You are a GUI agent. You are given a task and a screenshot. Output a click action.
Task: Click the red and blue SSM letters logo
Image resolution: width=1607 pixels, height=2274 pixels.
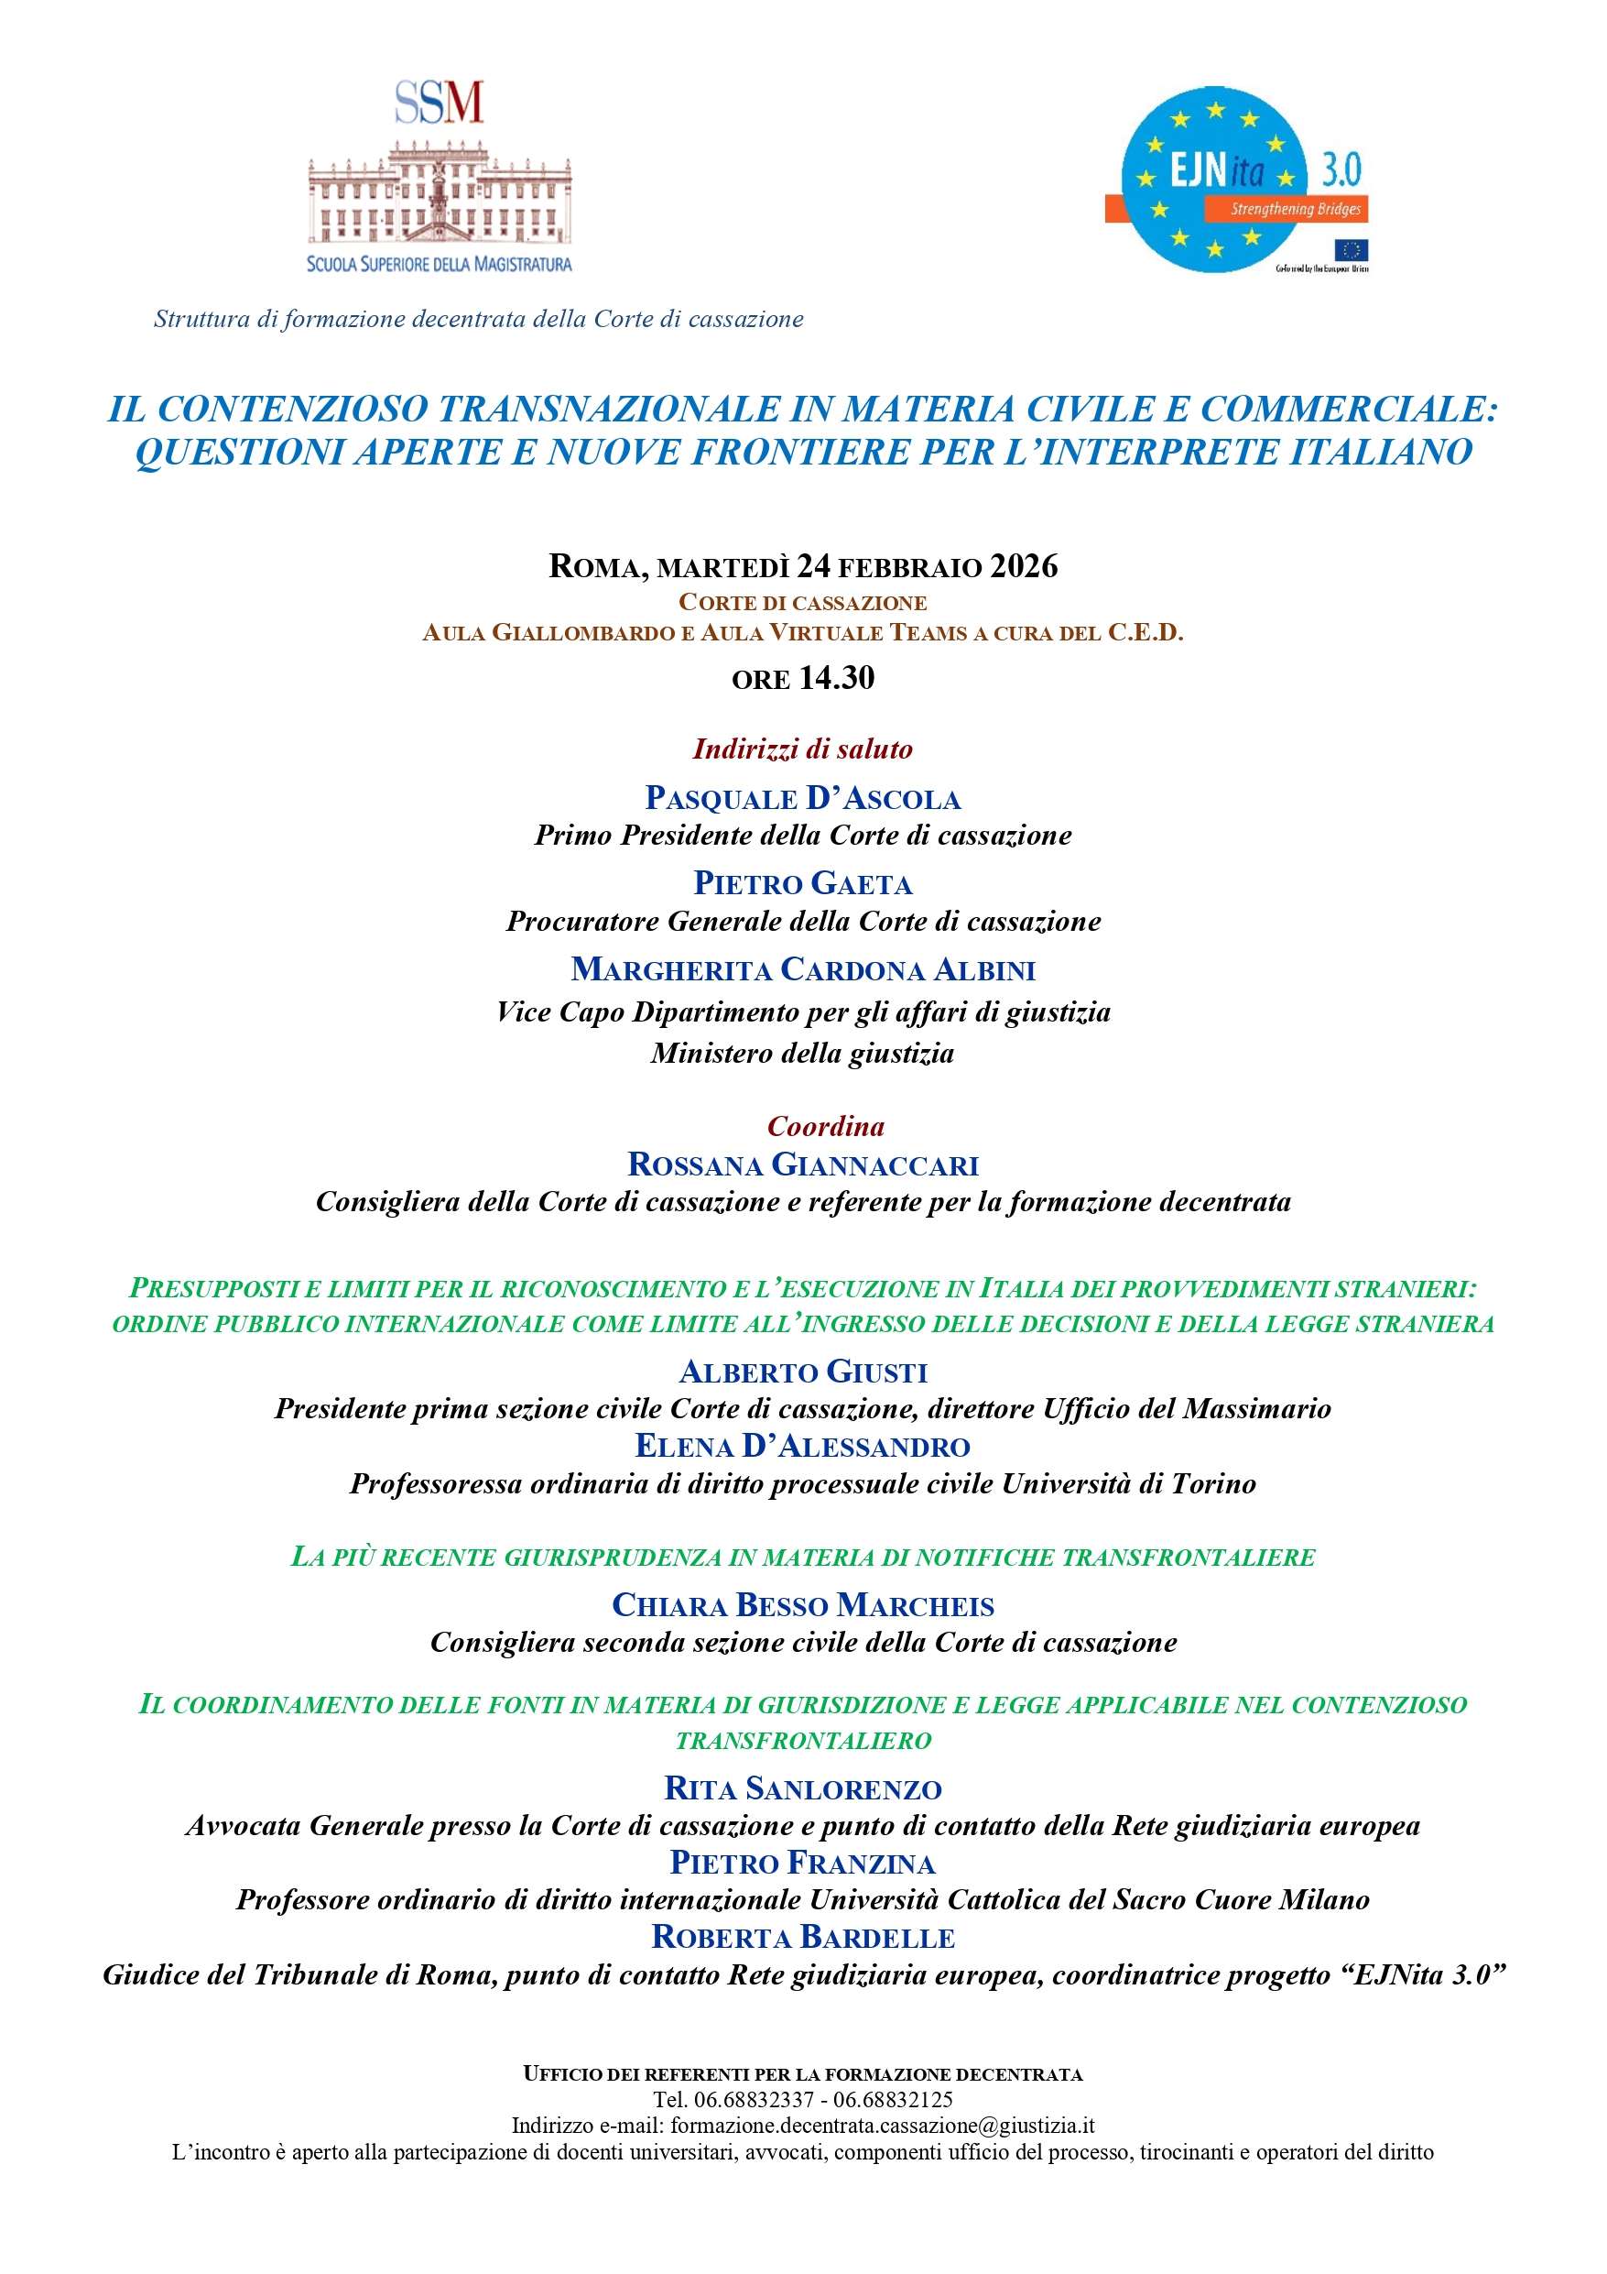[439, 102]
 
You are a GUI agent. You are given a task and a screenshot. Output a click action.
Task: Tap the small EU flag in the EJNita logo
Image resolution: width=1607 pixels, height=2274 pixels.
[1351, 249]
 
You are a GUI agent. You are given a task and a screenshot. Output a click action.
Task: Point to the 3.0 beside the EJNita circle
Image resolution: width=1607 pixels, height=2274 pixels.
[1341, 170]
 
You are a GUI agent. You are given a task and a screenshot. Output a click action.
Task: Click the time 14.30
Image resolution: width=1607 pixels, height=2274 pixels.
[837, 678]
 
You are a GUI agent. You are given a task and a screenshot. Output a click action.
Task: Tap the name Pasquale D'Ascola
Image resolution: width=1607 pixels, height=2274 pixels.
[803, 798]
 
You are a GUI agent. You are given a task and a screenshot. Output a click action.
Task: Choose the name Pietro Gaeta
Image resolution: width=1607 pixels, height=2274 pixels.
[803, 883]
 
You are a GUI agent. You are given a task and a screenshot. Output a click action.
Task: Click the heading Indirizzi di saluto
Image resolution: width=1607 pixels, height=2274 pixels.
[803, 749]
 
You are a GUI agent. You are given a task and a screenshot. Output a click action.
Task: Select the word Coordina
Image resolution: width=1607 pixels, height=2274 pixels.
[826, 1126]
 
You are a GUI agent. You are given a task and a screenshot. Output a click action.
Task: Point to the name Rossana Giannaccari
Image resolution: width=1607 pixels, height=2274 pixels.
[803, 1164]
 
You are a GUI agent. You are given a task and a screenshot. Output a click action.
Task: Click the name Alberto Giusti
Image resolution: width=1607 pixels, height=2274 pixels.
[803, 1372]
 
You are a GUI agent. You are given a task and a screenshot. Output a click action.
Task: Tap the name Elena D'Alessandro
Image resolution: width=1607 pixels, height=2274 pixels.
[803, 1446]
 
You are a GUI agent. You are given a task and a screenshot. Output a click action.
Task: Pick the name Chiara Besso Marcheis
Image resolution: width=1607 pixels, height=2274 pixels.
[803, 1604]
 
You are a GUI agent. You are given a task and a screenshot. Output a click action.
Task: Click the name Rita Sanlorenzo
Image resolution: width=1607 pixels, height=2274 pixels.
[803, 1787]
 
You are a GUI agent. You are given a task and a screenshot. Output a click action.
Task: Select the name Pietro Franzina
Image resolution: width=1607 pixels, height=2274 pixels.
[803, 1863]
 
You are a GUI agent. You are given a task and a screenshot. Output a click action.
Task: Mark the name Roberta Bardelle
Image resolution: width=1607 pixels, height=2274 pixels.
[803, 1937]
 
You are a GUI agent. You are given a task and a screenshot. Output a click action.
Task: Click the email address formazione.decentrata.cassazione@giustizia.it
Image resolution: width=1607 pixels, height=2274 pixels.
[882, 2126]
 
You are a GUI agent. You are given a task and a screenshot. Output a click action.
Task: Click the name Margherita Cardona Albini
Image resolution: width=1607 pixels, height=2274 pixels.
[803, 969]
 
